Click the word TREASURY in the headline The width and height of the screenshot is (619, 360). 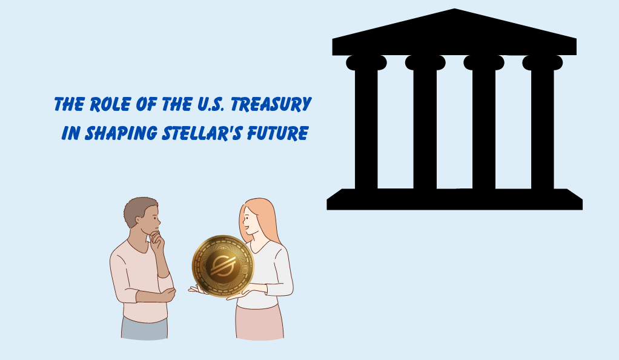tap(271, 104)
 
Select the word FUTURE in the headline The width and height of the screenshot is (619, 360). tap(277, 133)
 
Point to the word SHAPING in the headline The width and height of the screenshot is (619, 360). tap(121, 133)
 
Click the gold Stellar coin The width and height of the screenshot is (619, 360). tap(223, 266)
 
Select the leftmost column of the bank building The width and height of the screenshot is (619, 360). tap(366, 122)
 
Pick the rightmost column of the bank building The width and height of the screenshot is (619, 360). tap(543, 122)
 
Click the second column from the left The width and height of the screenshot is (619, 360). tap(425, 122)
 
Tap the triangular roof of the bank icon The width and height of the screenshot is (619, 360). tap(454, 32)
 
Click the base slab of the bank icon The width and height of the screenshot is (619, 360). tap(454, 199)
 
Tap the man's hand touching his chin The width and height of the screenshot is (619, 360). tap(157, 239)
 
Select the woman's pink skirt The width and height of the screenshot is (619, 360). tap(259, 322)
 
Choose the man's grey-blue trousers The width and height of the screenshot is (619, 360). tap(145, 328)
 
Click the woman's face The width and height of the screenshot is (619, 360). tap(248, 222)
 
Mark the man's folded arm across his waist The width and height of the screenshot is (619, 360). tap(155, 295)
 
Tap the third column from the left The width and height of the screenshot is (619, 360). tap(483, 122)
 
